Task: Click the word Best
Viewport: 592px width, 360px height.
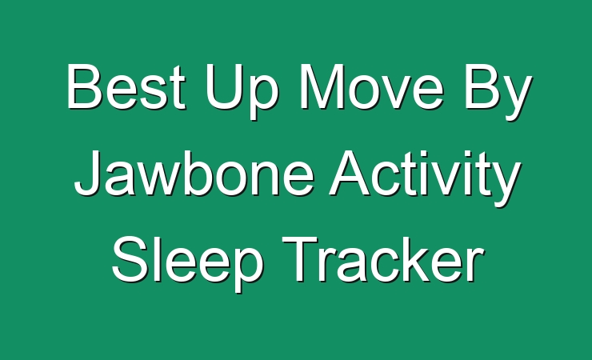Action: [126, 86]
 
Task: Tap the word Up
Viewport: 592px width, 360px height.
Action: [242, 91]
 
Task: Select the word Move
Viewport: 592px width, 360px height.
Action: [371, 86]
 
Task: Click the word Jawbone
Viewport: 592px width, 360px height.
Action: [194, 173]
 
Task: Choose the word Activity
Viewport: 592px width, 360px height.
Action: [425, 178]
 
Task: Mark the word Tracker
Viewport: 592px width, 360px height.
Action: [383, 259]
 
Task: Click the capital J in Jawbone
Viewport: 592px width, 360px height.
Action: [88, 173]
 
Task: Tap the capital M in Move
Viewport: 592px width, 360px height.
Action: [321, 86]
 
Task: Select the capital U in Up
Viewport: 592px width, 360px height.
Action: [222, 86]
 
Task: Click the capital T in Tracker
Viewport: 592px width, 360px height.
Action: [301, 259]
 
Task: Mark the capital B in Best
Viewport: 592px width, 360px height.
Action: [85, 86]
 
